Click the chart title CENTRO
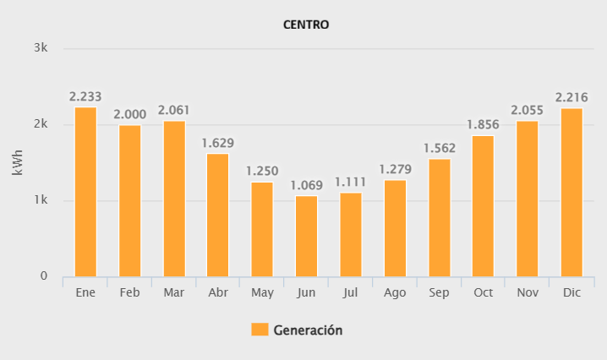(305, 25)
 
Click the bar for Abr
(217, 215)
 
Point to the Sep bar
(439, 218)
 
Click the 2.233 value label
(85, 97)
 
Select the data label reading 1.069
(306, 185)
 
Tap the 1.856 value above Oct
(483, 124)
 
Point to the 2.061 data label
(173, 110)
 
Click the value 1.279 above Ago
(395, 169)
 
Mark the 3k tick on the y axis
(41, 48)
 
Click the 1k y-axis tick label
(41, 201)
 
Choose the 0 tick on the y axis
(44, 277)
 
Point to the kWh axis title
(18, 161)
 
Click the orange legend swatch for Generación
(260, 330)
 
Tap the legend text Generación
(308, 330)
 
